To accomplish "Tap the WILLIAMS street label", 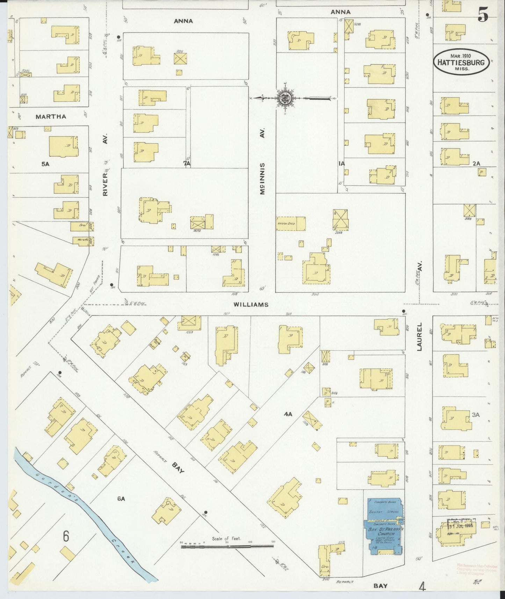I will pyautogui.click(x=251, y=304).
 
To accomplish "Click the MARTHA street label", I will pyautogui.click(x=51, y=116).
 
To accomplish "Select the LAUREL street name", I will pyautogui.click(x=419, y=337).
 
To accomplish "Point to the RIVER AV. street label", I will pyautogui.click(x=106, y=164).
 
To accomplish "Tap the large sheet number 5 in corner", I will pyautogui.click(x=483, y=15).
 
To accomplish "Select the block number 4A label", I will pyautogui.click(x=288, y=414).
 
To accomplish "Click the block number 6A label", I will pyautogui.click(x=121, y=499).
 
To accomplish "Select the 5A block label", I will pyautogui.click(x=45, y=163).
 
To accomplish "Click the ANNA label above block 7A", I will pyautogui.click(x=183, y=21).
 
